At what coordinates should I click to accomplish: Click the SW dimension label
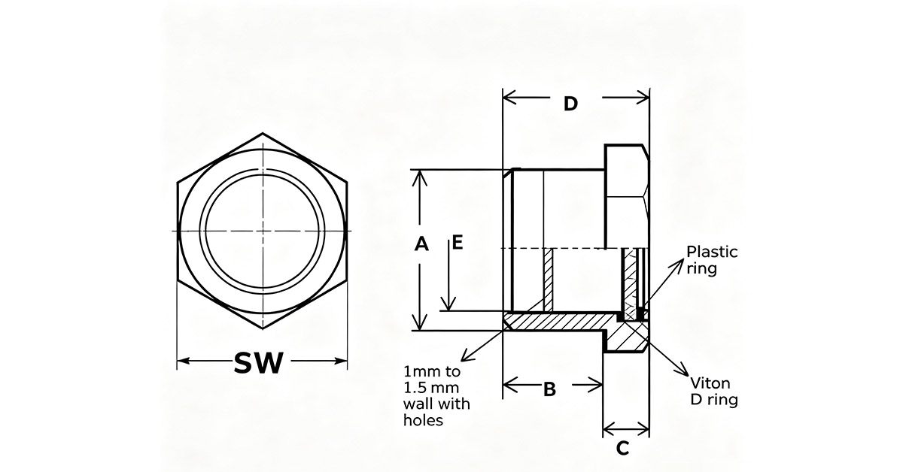pos(258,363)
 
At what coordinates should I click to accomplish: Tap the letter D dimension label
pos(570,104)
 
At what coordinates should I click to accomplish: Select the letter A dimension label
pos(421,244)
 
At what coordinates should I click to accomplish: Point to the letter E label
pos(458,243)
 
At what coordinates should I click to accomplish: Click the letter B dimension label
pos(549,389)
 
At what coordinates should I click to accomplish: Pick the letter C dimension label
pos(623,448)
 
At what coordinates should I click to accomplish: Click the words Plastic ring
pos(712,260)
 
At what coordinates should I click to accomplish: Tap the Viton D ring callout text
pos(714,392)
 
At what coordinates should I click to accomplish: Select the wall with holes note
pos(436,395)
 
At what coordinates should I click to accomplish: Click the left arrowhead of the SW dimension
pos(183,361)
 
